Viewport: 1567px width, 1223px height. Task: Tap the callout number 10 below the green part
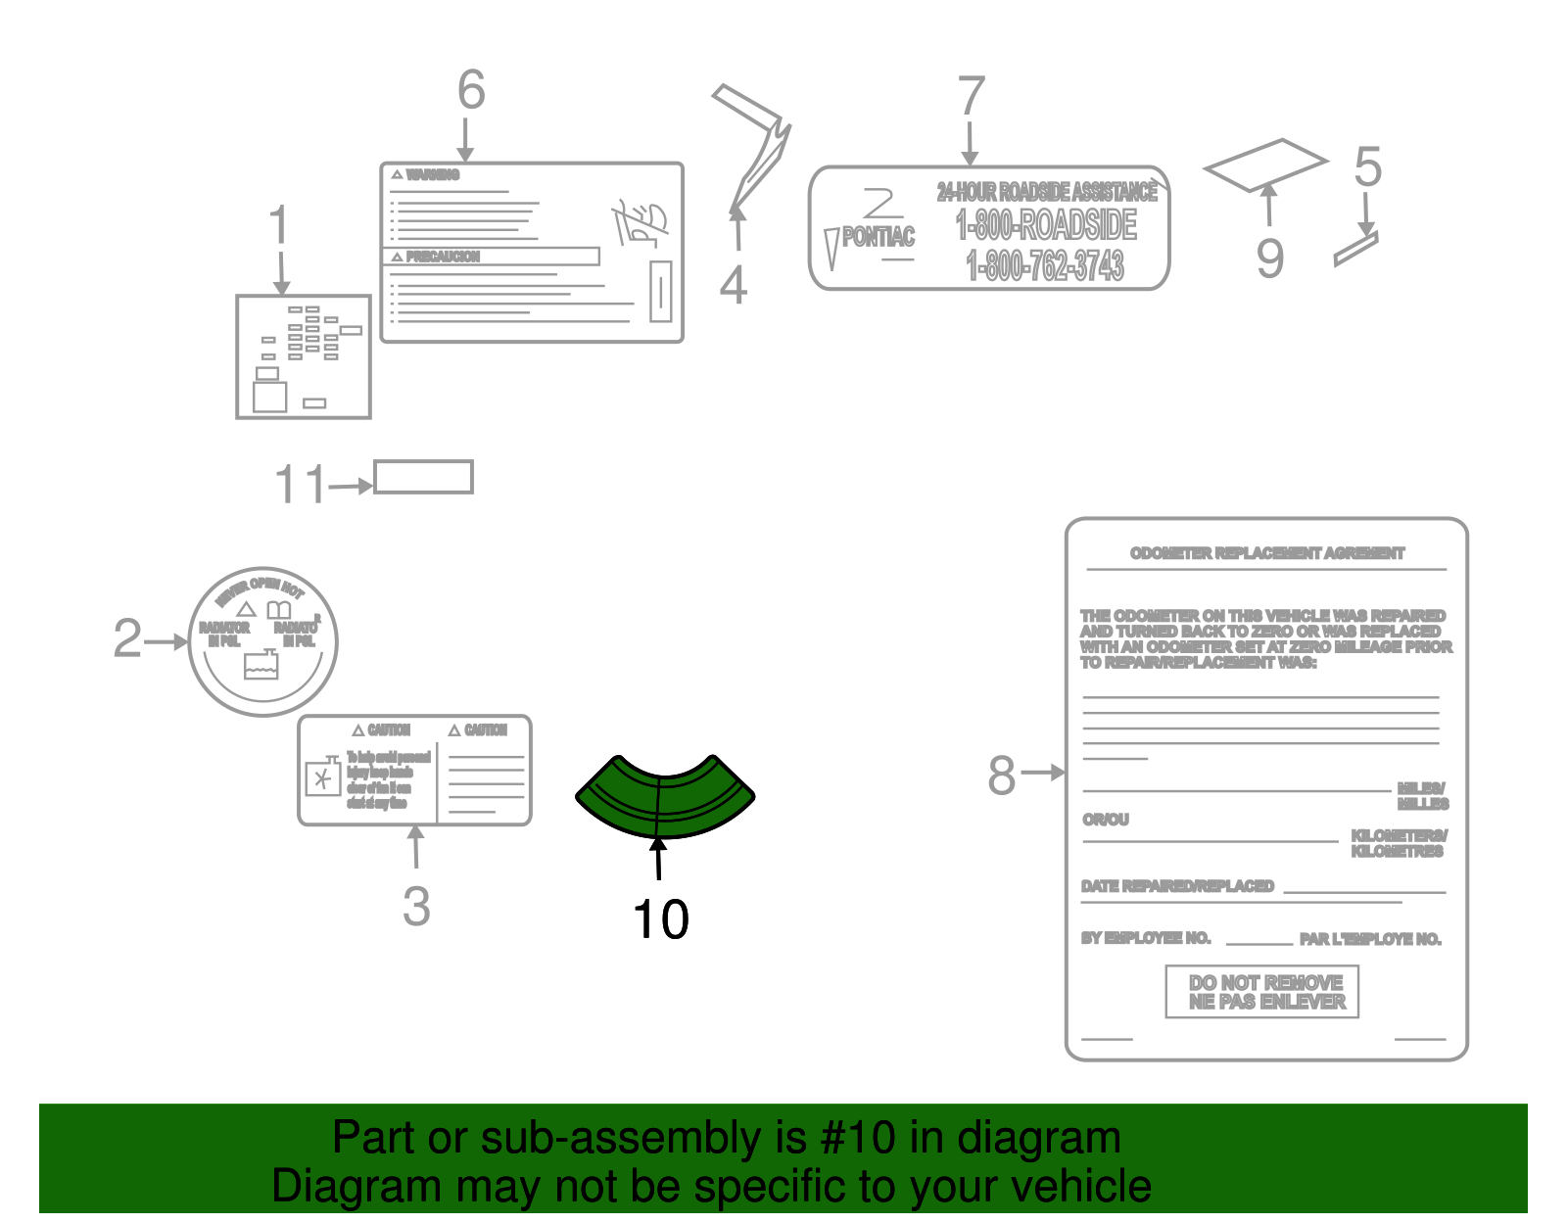pyautogui.click(x=661, y=920)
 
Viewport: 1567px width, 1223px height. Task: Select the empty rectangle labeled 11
pyautogui.click(x=423, y=478)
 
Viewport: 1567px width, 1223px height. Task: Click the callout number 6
pyautogui.click(x=471, y=90)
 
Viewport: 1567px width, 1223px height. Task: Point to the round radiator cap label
pyautogui.click(x=262, y=641)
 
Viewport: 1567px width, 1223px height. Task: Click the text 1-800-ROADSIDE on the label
pyautogui.click(x=1046, y=226)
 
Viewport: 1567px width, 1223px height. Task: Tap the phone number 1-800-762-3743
pyautogui.click(x=1044, y=265)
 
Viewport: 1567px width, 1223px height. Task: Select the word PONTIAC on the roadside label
pyautogui.click(x=878, y=236)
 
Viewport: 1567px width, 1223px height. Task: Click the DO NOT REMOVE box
pyautogui.click(x=1261, y=992)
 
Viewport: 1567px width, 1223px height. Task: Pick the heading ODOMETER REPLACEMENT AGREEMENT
pyautogui.click(x=1266, y=553)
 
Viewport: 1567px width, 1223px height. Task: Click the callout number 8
pyautogui.click(x=1001, y=776)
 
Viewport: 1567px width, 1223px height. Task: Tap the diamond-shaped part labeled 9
pyautogui.click(x=1264, y=165)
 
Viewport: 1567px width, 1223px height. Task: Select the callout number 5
pyautogui.click(x=1367, y=167)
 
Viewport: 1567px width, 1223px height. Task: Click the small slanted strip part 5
pyautogui.click(x=1355, y=249)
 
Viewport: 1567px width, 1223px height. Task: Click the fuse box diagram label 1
pyautogui.click(x=304, y=357)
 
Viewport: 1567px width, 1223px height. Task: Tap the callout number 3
pyautogui.click(x=416, y=907)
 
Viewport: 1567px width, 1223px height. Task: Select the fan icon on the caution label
pyautogui.click(x=322, y=780)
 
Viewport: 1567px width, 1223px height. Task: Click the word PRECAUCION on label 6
pyautogui.click(x=443, y=257)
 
